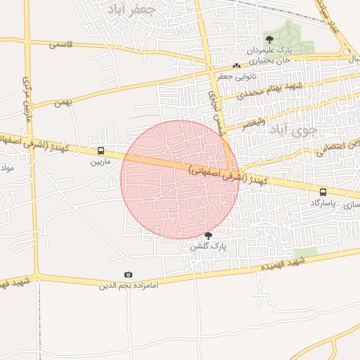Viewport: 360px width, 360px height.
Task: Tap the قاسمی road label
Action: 61,44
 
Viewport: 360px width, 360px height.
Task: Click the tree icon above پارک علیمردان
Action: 269,39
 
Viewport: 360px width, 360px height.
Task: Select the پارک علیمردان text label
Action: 269,51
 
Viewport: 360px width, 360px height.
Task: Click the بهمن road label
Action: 63,103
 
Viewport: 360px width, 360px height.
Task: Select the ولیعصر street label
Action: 255,124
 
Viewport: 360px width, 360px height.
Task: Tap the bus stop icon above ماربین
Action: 101,150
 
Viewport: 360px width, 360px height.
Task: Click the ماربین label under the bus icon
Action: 101,162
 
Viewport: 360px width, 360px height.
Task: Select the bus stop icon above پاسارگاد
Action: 323,191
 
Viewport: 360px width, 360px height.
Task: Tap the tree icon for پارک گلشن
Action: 207,235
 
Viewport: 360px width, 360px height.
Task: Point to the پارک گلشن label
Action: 209,247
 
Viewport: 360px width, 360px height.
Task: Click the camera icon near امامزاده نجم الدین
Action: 128,274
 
